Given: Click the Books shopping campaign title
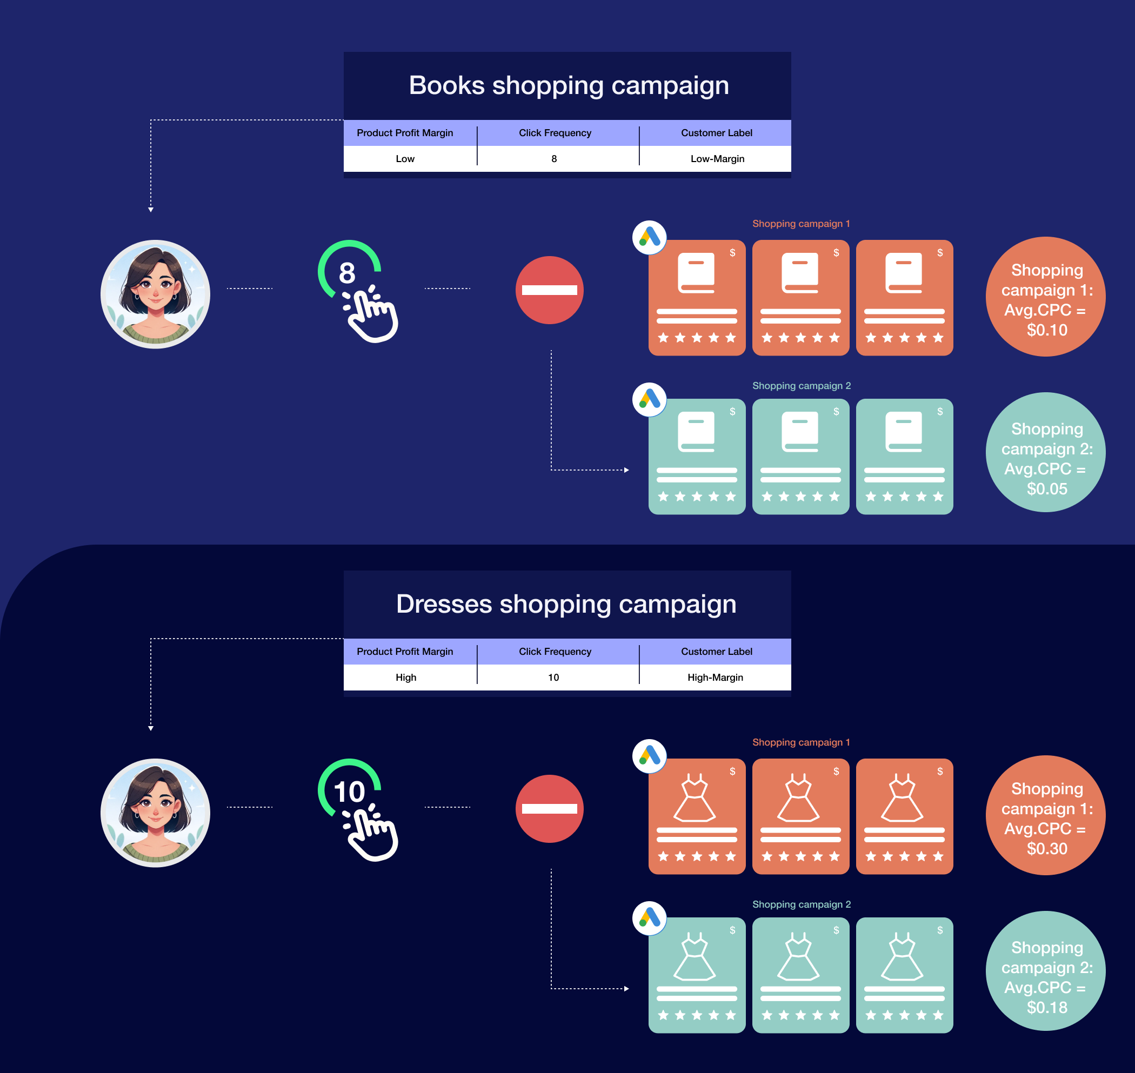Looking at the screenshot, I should pyautogui.click(x=569, y=86).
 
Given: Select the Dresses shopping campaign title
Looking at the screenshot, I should pyautogui.click(x=566, y=604).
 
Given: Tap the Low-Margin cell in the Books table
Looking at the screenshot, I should pyautogui.click(x=717, y=159).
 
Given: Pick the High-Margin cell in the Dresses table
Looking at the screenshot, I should pyautogui.click(x=715, y=677).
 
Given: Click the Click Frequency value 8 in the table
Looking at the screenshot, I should pyautogui.click(x=554, y=159).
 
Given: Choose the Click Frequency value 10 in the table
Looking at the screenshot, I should pyautogui.click(x=553, y=677).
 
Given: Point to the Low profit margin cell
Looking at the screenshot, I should pyautogui.click(x=405, y=159).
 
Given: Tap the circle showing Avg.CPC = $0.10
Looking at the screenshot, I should pyautogui.click(x=1045, y=297).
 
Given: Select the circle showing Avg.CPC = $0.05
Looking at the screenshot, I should pyautogui.click(x=1045, y=452).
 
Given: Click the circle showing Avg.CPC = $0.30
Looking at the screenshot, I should pyautogui.click(x=1045, y=815).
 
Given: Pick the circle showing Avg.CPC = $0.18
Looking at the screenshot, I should pyautogui.click(x=1045, y=971).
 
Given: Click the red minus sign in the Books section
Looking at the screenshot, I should pyautogui.click(x=549, y=290).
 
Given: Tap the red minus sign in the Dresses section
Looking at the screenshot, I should pyautogui.click(x=549, y=808).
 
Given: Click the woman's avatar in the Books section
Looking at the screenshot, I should pyautogui.click(x=156, y=294).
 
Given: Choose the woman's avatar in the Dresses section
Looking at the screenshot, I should pyautogui.click(x=156, y=813).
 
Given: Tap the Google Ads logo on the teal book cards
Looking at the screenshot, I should pyautogui.click(x=649, y=399).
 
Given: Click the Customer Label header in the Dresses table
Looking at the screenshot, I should pyautogui.click(x=716, y=652).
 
